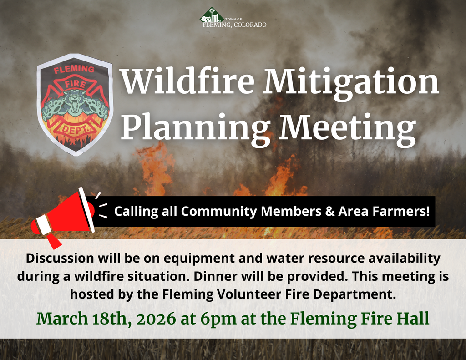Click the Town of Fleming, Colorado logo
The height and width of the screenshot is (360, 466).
(233, 18)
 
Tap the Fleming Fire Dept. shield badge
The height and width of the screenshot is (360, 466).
(74, 104)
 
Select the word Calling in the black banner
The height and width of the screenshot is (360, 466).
(136, 212)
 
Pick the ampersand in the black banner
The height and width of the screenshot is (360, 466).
(330, 211)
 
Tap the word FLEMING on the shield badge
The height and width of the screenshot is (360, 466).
(74, 70)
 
